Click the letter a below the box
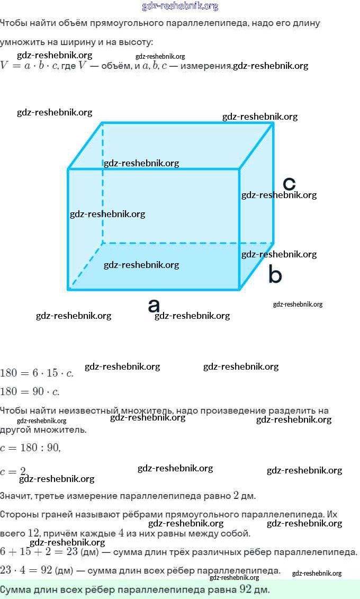[x=154, y=306]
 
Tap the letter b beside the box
[x=275, y=275]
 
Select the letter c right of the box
[x=289, y=183]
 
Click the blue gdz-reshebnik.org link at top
[x=180, y=6]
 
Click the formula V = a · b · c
[x=29, y=66]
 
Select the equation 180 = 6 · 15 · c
[x=37, y=373]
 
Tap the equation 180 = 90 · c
[x=30, y=392]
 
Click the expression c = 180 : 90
[x=30, y=448]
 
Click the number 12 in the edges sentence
[x=33, y=533]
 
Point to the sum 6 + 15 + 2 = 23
[x=39, y=552]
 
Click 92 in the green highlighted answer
[x=245, y=589]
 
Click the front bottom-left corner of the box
[x=69, y=289]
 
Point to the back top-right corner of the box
[x=273, y=123]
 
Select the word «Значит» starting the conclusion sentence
[x=15, y=496]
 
